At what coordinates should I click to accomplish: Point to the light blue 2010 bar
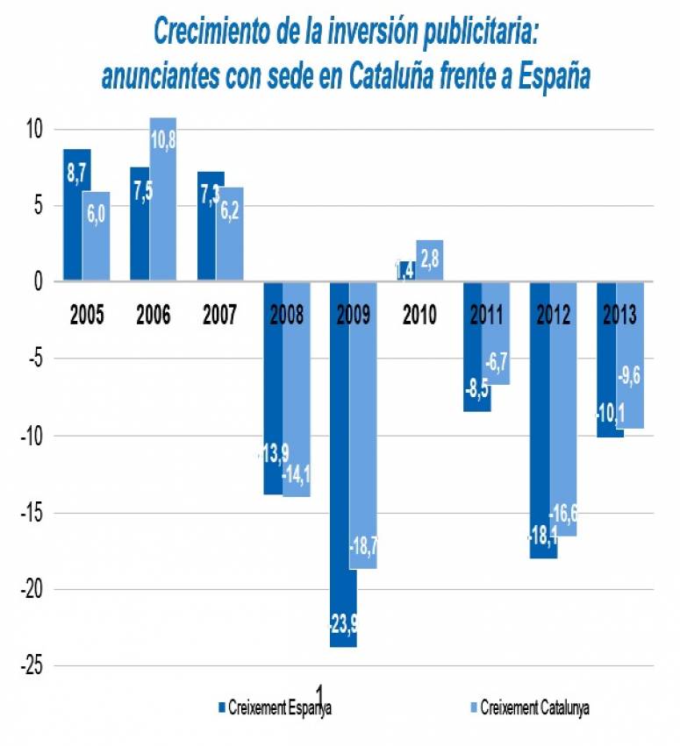coord(430,260)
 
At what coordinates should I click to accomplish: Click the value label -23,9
coord(342,625)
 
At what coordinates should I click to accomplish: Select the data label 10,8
coord(163,139)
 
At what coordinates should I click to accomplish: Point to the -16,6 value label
coord(562,514)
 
